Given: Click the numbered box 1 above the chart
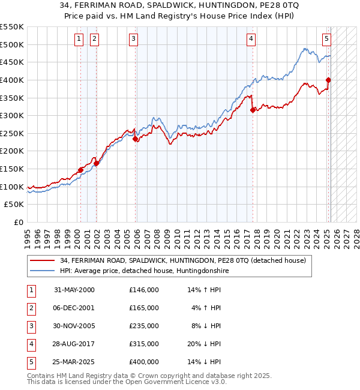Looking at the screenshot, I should [x=79, y=39].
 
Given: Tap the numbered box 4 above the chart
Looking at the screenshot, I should [x=251, y=39].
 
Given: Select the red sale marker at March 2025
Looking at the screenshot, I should [x=328, y=80].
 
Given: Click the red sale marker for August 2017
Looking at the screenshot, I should [x=253, y=110].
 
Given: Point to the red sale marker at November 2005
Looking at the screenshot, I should [x=136, y=139].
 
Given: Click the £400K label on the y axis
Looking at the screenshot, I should [x=12, y=80].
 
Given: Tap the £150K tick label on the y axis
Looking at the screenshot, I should [x=12, y=169].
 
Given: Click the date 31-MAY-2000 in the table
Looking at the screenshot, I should [x=74, y=290].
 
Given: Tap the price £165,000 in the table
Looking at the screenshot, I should [x=144, y=308].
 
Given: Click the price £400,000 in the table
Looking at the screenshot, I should [x=144, y=362].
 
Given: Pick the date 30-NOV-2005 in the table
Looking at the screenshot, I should [x=74, y=326].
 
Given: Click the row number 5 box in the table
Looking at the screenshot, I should [x=29, y=362].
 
